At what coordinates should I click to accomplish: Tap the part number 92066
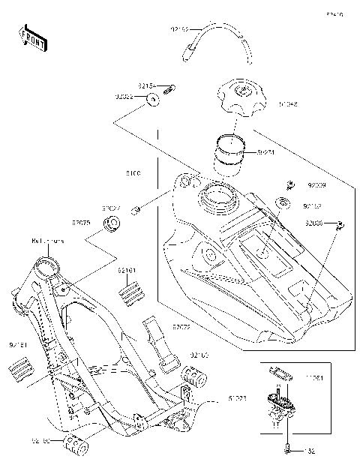pos(315,223)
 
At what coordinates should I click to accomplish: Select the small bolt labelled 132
pos(286,449)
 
